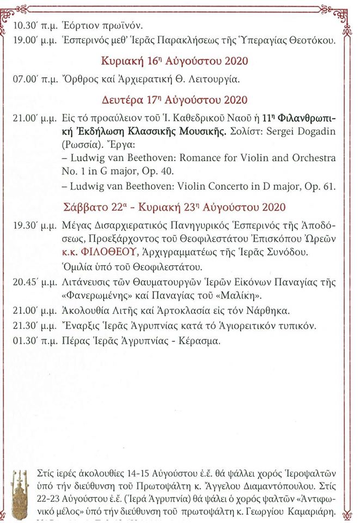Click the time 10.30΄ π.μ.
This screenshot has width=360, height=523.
click(x=33, y=26)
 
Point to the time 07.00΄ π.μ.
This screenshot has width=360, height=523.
click(x=33, y=80)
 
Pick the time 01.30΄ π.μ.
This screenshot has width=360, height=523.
click(x=33, y=340)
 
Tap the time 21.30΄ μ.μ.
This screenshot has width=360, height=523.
click(x=33, y=326)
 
